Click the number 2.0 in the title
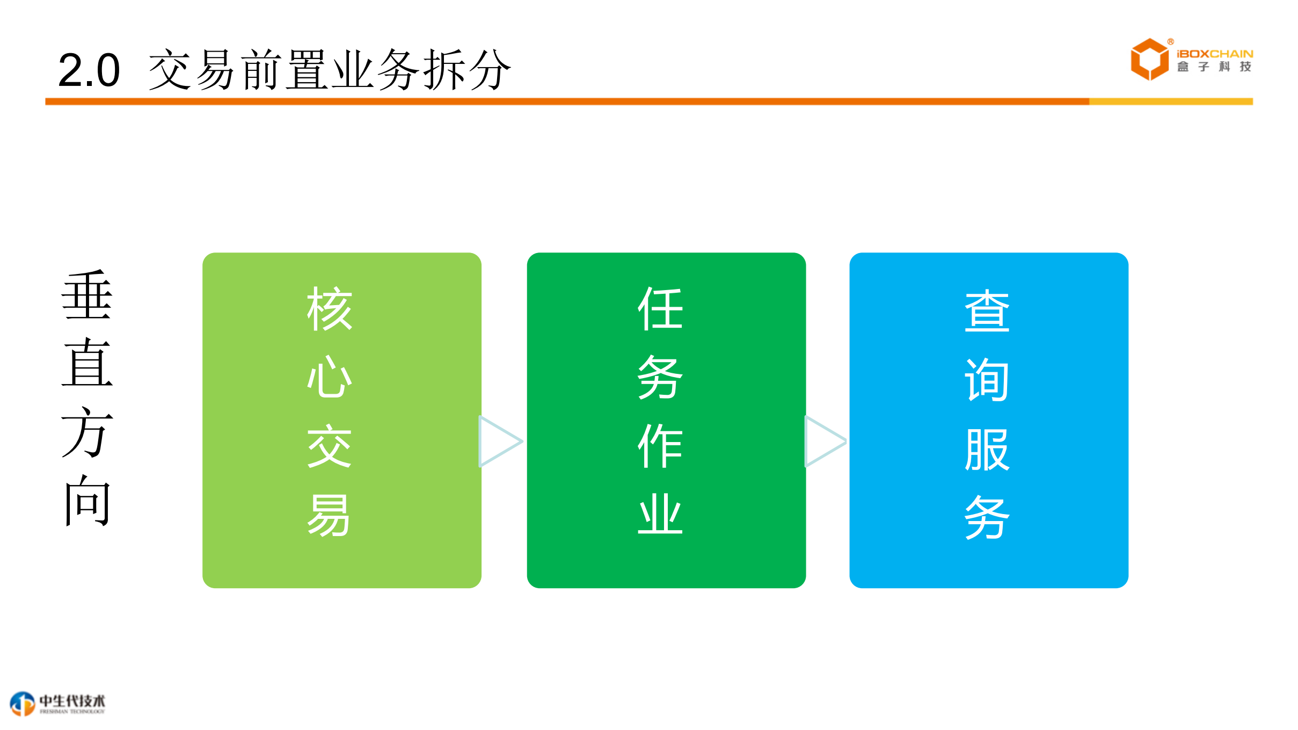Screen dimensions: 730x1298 coord(89,70)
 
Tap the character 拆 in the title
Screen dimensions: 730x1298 coord(444,70)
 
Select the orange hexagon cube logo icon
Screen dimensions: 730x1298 coord(1149,60)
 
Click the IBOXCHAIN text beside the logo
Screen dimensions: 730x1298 coord(1215,54)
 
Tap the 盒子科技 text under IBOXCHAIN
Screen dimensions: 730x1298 coord(1215,67)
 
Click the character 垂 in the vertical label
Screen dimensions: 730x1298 coord(87,295)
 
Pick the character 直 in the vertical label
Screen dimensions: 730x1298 coord(87,364)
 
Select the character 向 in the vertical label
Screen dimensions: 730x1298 coord(87,501)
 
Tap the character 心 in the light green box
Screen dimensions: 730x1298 coord(330,377)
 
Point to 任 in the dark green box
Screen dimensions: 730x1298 coord(660,308)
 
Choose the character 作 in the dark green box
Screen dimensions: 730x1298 coord(660,446)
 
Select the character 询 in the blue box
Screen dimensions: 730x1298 coord(987,380)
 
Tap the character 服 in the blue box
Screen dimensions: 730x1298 coord(987,449)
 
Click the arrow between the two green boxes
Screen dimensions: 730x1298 coord(499,442)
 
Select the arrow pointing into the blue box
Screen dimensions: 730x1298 coord(825,442)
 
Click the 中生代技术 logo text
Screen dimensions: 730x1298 coord(72,701)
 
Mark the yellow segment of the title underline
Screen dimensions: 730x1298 coord(1170,102)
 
